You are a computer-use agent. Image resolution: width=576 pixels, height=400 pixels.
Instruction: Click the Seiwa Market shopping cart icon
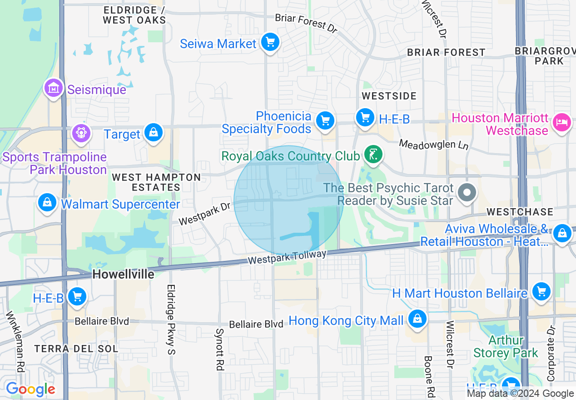[270, 43]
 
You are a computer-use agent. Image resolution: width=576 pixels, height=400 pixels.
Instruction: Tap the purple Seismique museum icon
[54, 88]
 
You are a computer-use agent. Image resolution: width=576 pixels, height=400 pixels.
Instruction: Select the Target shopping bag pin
[154, 133]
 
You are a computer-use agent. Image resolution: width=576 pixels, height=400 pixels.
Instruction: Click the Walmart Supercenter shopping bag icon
[47, 203]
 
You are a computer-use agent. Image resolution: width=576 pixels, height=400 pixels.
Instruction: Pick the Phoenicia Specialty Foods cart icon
[325, 121]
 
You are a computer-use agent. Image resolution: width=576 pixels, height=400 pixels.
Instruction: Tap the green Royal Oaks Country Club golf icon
[372, 155]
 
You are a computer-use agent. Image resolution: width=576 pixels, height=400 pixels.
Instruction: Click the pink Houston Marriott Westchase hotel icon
[562, 122]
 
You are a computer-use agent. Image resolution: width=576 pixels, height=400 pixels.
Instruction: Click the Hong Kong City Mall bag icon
[417, 319]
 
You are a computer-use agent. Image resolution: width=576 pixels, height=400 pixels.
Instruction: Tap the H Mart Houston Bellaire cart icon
[541, 291]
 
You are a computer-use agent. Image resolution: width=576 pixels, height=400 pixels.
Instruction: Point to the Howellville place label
[123, 274]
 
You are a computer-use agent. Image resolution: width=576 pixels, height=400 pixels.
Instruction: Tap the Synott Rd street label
[220, 349]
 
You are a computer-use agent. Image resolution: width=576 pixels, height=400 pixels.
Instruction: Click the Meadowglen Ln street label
[433, 145]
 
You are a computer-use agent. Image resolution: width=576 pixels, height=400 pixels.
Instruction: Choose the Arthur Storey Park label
[506, 346]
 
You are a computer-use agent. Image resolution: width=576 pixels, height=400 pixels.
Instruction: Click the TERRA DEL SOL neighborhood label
[76, 349]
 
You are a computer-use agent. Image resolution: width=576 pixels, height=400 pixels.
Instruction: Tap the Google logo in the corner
[30, 389]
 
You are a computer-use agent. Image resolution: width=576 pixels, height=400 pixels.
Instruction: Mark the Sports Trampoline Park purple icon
[82, 133]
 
